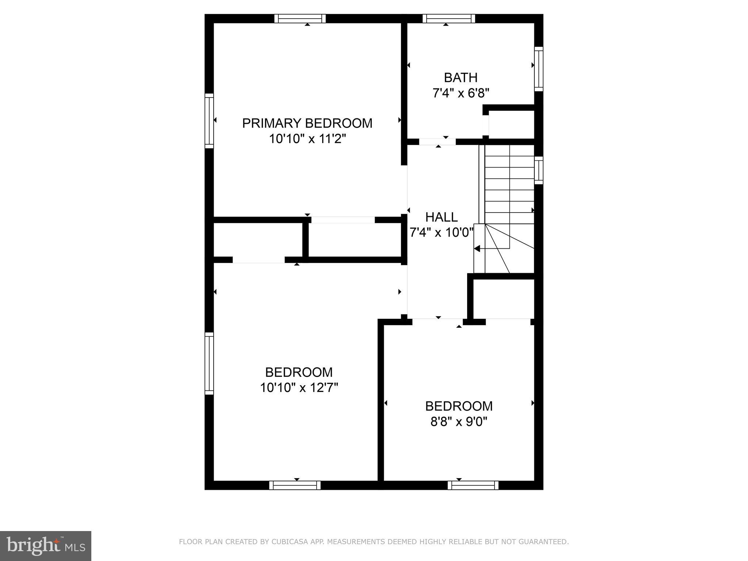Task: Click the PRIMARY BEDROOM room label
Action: [x=307, y=123]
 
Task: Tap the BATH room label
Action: [x=461, y=77]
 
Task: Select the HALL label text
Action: [x=441, y=217]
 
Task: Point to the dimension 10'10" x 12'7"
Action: [x=299, y=388]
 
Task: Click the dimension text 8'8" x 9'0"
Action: [x=459, y=422]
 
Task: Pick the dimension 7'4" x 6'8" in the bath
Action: [x=461, y=93]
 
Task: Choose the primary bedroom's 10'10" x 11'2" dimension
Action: [x=307, y=139]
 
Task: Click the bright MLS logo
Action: [x=45, y=546]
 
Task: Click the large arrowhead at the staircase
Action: [x=477, y=248]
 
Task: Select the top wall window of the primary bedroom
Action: [x=300, y=19]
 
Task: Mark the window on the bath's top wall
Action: [x=449, y=19]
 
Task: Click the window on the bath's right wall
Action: [x=539, y=69]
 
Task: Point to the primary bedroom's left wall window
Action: [x=209, y=121]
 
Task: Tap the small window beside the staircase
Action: [x=539, y=170]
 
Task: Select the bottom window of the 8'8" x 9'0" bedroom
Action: [x=473, y=485]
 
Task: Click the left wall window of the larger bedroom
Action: [x=209, y=363]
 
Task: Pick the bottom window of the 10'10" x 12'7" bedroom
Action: [x=295, y=485]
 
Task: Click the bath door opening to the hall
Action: [x=437, y=142]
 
